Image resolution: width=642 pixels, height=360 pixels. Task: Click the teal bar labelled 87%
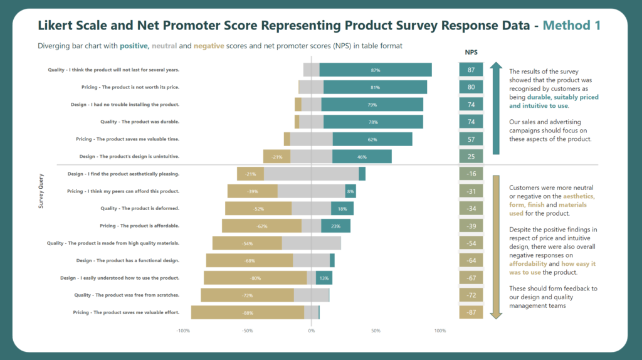point(375,70)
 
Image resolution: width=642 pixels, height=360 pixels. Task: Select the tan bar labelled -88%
point(248,312)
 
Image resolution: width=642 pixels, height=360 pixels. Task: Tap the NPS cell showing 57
point(471,139)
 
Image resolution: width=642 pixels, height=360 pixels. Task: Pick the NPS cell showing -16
point(471,174)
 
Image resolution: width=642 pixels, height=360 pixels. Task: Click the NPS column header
point(471,53)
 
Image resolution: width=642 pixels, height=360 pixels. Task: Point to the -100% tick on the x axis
point(183,331)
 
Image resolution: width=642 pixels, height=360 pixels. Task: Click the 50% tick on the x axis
point(376,331)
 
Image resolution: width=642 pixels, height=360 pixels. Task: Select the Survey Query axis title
point(41,191)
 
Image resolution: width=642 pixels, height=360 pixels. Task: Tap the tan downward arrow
point(497,247)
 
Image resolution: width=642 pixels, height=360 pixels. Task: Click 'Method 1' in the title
point(571,26)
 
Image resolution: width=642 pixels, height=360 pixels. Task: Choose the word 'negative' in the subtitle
point(209,46)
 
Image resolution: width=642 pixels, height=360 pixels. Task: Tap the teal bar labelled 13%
point(324,278)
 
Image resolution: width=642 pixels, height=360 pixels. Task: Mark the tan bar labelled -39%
point(253,191)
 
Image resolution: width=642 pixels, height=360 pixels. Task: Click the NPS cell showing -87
point(471,312)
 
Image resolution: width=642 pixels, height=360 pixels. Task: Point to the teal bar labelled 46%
point(362,156)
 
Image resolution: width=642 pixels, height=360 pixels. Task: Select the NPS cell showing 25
point(471,156)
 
